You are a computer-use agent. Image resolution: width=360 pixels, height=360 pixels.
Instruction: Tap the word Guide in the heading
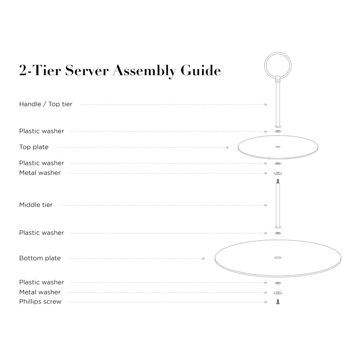pos(201,71)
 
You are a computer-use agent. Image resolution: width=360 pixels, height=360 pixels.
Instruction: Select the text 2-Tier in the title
pos(40,71)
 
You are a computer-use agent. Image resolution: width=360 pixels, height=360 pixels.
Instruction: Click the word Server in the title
pos(86,71)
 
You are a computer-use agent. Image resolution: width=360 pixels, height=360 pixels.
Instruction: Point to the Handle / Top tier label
pos(45,104)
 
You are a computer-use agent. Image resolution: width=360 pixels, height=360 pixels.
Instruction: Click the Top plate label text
pos(34,147)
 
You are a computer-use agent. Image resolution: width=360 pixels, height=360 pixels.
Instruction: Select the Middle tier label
pos(36,205)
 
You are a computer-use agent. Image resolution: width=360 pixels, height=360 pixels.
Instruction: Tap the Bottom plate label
pos(40,258)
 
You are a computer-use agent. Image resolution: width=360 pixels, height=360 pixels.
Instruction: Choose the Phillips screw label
pos(40,301)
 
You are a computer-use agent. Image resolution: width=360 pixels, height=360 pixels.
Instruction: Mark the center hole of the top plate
pos(277,147)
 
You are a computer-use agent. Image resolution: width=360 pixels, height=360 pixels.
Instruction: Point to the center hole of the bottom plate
pos(277,258)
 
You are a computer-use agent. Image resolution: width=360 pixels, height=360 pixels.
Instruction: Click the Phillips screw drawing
pos(277,301)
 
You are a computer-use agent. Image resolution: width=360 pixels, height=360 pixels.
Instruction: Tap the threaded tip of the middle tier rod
pos(277,181)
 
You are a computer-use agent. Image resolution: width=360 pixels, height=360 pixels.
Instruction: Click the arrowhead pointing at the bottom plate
pos(204,258)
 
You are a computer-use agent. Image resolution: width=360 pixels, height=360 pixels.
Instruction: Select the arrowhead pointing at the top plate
pos(228,147)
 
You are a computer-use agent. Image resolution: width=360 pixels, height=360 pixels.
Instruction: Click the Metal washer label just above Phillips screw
pos(40,292)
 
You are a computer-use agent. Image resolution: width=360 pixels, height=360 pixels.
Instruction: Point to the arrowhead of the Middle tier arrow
pos(266,205)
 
